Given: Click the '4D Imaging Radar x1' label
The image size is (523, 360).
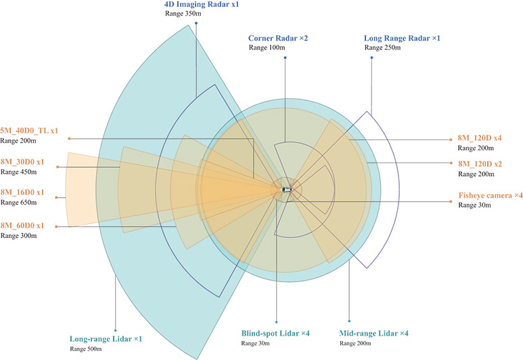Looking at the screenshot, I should point(202,5).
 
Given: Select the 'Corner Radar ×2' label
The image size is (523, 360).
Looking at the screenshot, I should point(278,39).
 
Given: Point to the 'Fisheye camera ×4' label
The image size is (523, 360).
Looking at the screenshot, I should point(491,196).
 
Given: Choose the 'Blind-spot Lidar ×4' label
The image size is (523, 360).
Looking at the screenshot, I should point(276,333).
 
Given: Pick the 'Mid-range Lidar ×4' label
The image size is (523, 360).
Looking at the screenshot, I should point(373,333).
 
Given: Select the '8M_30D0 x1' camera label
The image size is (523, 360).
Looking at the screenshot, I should point(22,162).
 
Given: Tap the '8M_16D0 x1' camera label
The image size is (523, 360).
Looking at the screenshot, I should point(22,193).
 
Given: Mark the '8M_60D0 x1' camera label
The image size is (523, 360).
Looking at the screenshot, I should point(22,225).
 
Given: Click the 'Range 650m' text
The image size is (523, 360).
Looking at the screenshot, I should point(19,202).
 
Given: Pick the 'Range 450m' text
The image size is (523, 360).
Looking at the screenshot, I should point(19,172).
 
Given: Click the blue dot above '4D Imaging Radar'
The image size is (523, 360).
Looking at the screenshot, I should point(196,23).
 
